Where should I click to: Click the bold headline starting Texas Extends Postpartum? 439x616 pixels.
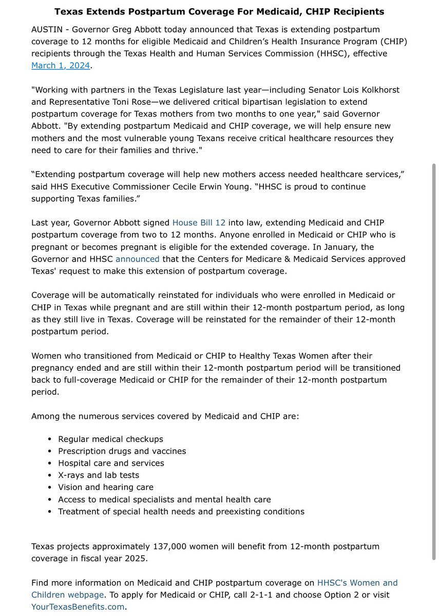219,11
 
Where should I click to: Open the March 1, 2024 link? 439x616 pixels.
61,65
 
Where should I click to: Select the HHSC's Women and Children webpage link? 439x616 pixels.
357,583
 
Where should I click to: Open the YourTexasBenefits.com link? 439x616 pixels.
78,607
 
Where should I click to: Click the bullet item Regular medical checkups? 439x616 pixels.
110,439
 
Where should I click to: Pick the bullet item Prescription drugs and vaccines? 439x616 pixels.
122,451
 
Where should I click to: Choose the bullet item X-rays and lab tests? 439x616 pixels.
99,475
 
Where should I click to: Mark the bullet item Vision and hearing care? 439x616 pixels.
105,487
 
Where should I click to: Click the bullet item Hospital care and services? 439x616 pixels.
111,463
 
